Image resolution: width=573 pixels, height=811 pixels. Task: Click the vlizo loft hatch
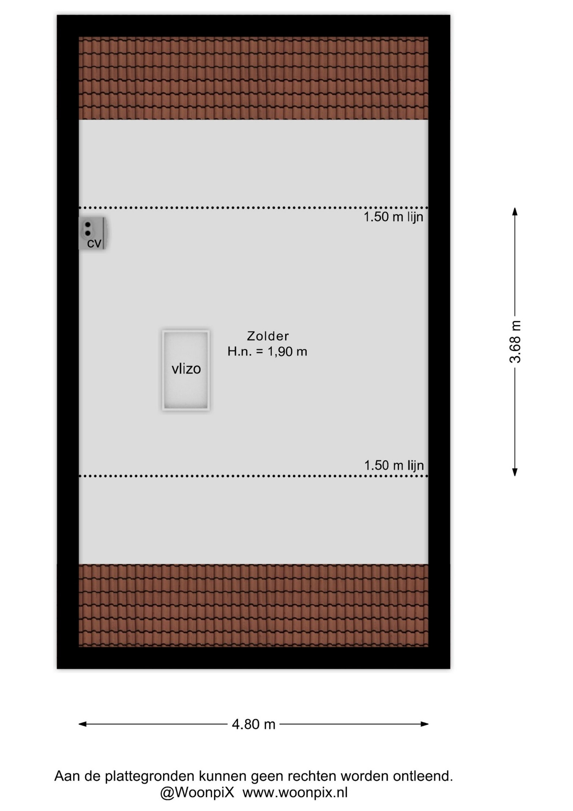186,370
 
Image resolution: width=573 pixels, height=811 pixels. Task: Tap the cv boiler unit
92,233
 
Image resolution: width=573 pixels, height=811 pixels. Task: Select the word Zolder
268,336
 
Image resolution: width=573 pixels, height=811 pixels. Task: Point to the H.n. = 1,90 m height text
267,351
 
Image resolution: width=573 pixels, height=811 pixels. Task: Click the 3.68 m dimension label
515,342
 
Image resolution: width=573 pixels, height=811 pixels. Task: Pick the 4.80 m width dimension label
254,724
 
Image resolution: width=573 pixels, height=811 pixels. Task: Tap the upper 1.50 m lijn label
393,217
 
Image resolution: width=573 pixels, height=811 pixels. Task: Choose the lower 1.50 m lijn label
394,465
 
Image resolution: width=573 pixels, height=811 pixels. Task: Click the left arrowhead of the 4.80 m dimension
83,724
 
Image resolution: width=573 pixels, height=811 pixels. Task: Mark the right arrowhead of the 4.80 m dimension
424,724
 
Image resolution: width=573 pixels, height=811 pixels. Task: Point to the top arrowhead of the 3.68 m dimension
515,212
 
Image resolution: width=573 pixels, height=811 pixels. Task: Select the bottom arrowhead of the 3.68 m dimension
515,472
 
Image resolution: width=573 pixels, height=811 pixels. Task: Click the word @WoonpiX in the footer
197,793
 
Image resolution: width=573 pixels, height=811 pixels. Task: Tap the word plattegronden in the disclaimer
150,776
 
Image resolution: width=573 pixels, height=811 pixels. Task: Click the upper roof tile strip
254,78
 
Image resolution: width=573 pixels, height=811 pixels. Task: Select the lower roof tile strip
254,605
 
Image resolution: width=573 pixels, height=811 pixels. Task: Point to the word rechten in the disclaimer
312,776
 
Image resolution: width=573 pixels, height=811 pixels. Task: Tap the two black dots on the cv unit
88,229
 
